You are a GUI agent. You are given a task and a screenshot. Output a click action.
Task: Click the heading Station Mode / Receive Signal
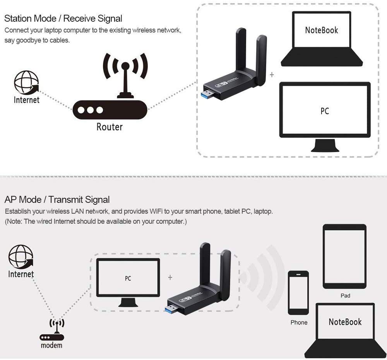63,18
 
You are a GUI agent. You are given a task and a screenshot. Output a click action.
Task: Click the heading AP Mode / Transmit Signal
57,200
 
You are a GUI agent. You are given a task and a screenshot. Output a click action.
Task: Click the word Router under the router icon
110,127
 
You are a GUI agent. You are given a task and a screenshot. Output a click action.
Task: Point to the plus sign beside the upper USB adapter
272,75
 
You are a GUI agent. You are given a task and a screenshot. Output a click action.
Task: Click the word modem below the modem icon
51,345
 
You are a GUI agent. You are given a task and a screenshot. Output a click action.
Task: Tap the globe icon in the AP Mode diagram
21,256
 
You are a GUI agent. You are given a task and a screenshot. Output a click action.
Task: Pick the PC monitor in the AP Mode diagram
128,280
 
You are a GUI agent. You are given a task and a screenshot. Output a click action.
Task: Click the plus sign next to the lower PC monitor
170,278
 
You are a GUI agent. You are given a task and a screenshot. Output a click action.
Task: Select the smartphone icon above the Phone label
298,293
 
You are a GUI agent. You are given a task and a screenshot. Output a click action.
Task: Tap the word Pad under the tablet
345,296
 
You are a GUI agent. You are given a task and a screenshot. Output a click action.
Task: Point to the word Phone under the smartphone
299,322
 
